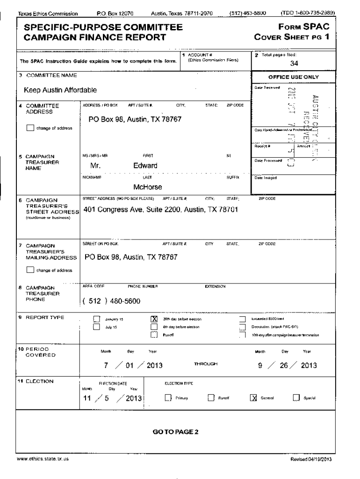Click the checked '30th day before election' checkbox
(153, 319)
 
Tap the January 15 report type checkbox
(97, 319)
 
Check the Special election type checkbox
(295, 398)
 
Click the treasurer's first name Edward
(145, 166)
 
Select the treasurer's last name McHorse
(148, 187)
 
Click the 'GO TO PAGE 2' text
(175, 432)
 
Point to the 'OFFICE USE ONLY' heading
(293, 77)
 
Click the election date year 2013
(132, 398)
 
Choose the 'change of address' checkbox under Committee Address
(30, 128)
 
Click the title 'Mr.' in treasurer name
(97, 166)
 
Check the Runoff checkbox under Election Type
(211, 398)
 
